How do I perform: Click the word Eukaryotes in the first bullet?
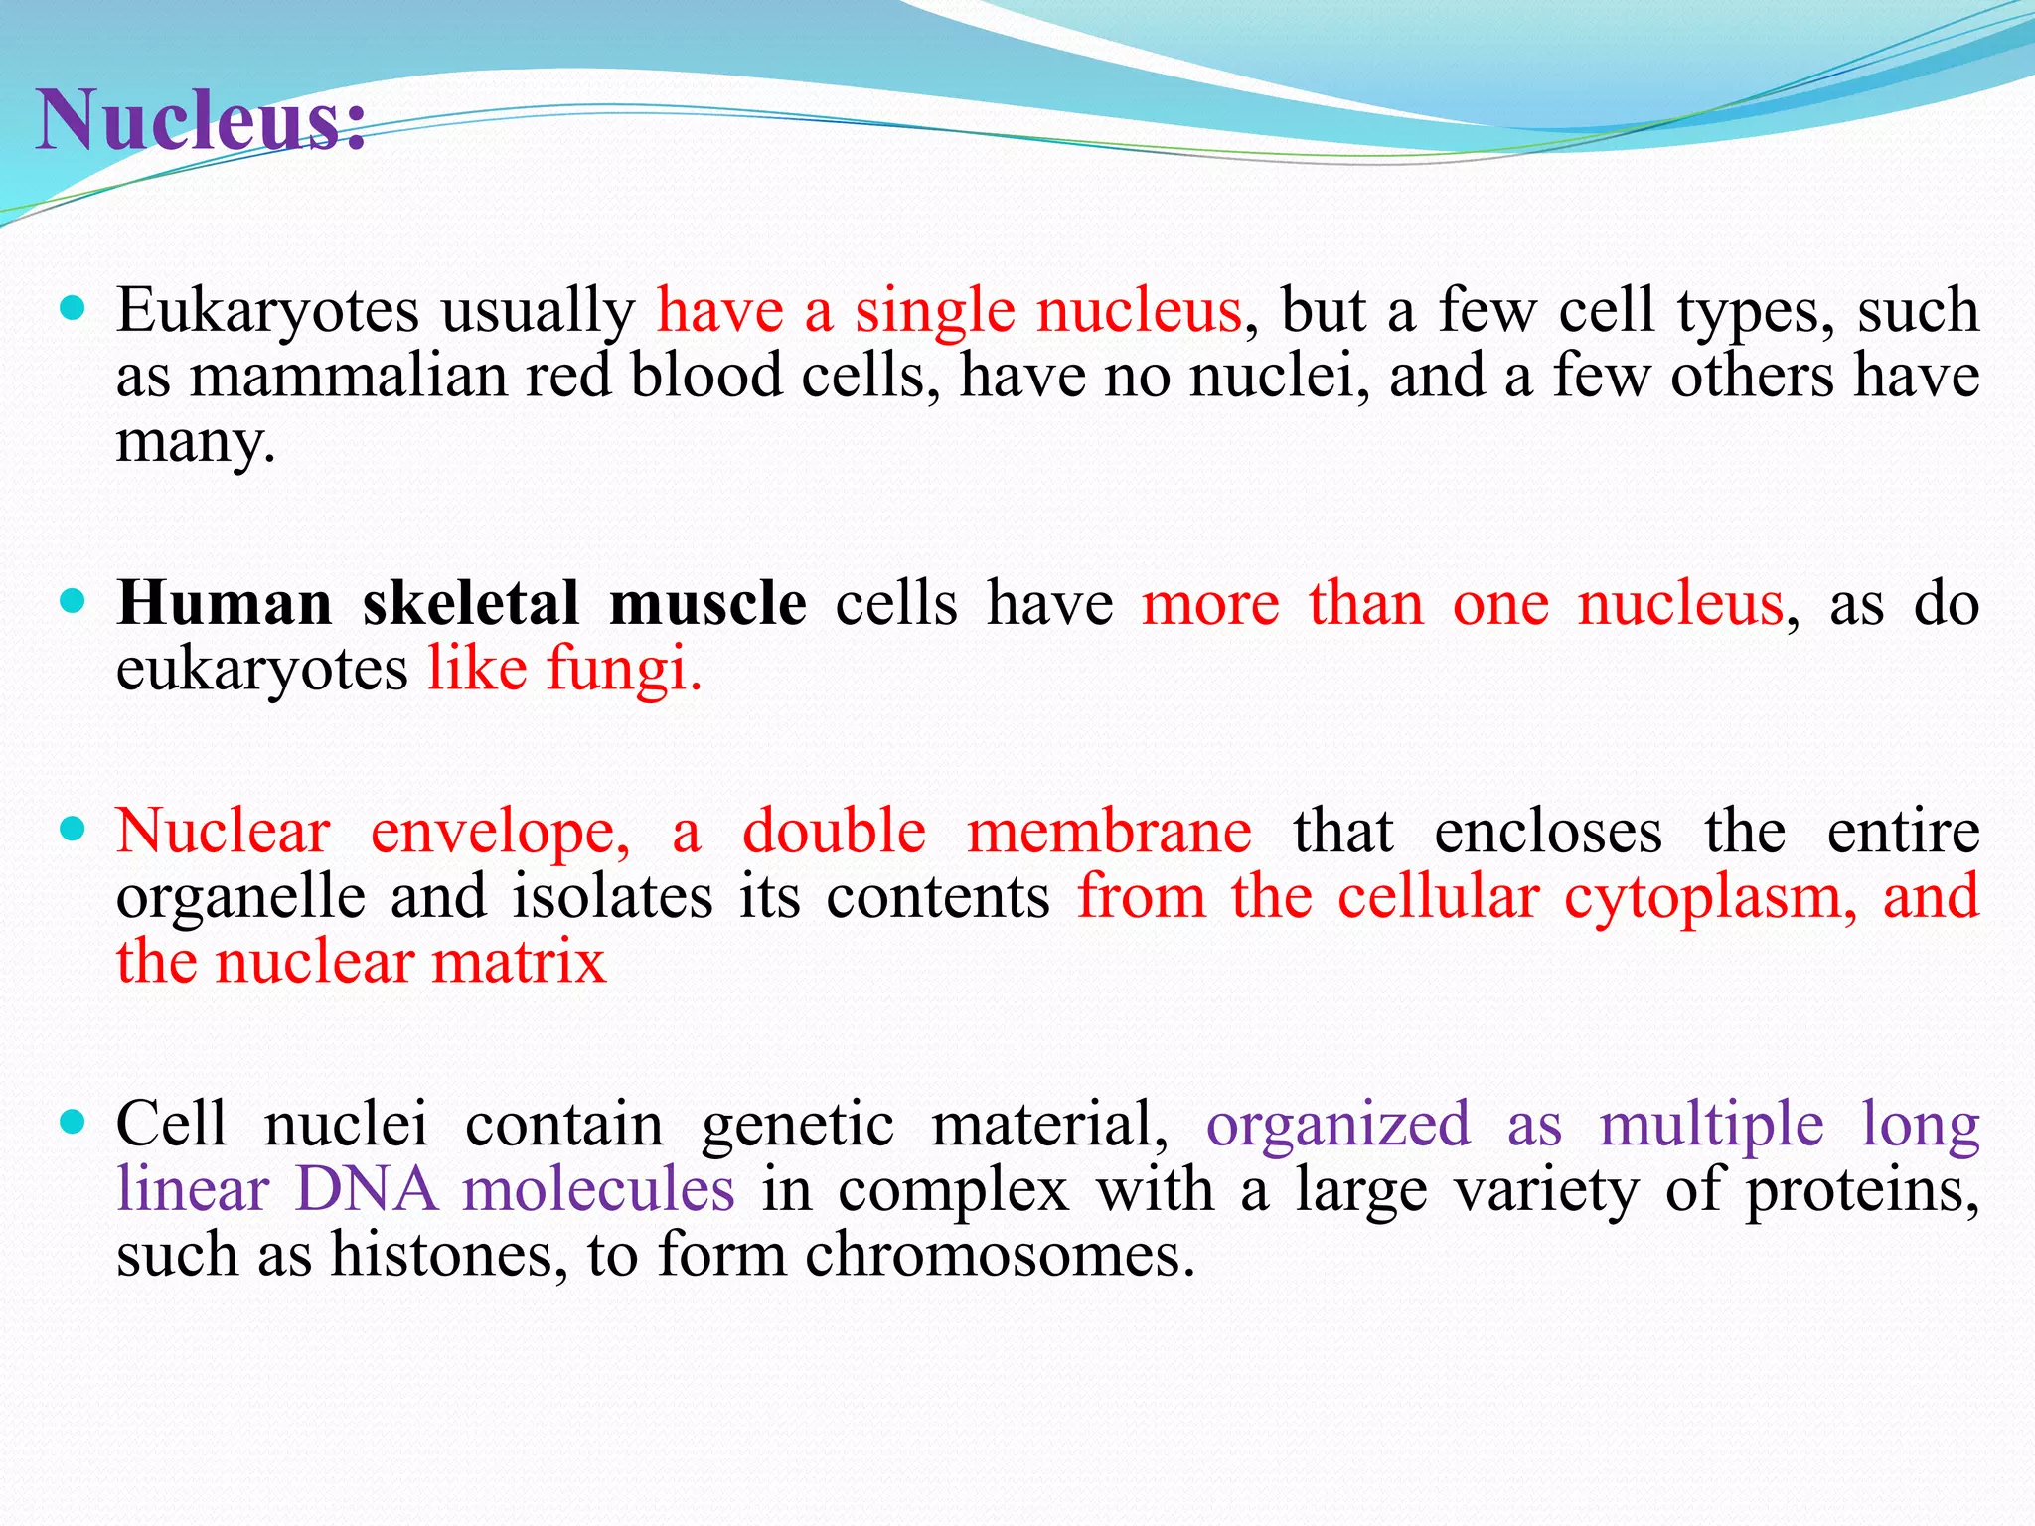coord(267,310)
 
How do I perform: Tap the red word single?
coord(934,310)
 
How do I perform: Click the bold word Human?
coord(225,603)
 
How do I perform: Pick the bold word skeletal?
coord(471,603)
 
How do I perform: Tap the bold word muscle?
coord(707,603)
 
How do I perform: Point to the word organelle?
coord(240,896)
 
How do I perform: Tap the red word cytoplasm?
coord(1710,896)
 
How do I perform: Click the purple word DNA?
coord(367,1189)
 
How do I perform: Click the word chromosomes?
coord(999,1255)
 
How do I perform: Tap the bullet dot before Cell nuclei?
coord(73,1123)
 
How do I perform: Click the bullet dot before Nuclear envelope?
coord(73,829)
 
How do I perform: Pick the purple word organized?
coord(1337,1125)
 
